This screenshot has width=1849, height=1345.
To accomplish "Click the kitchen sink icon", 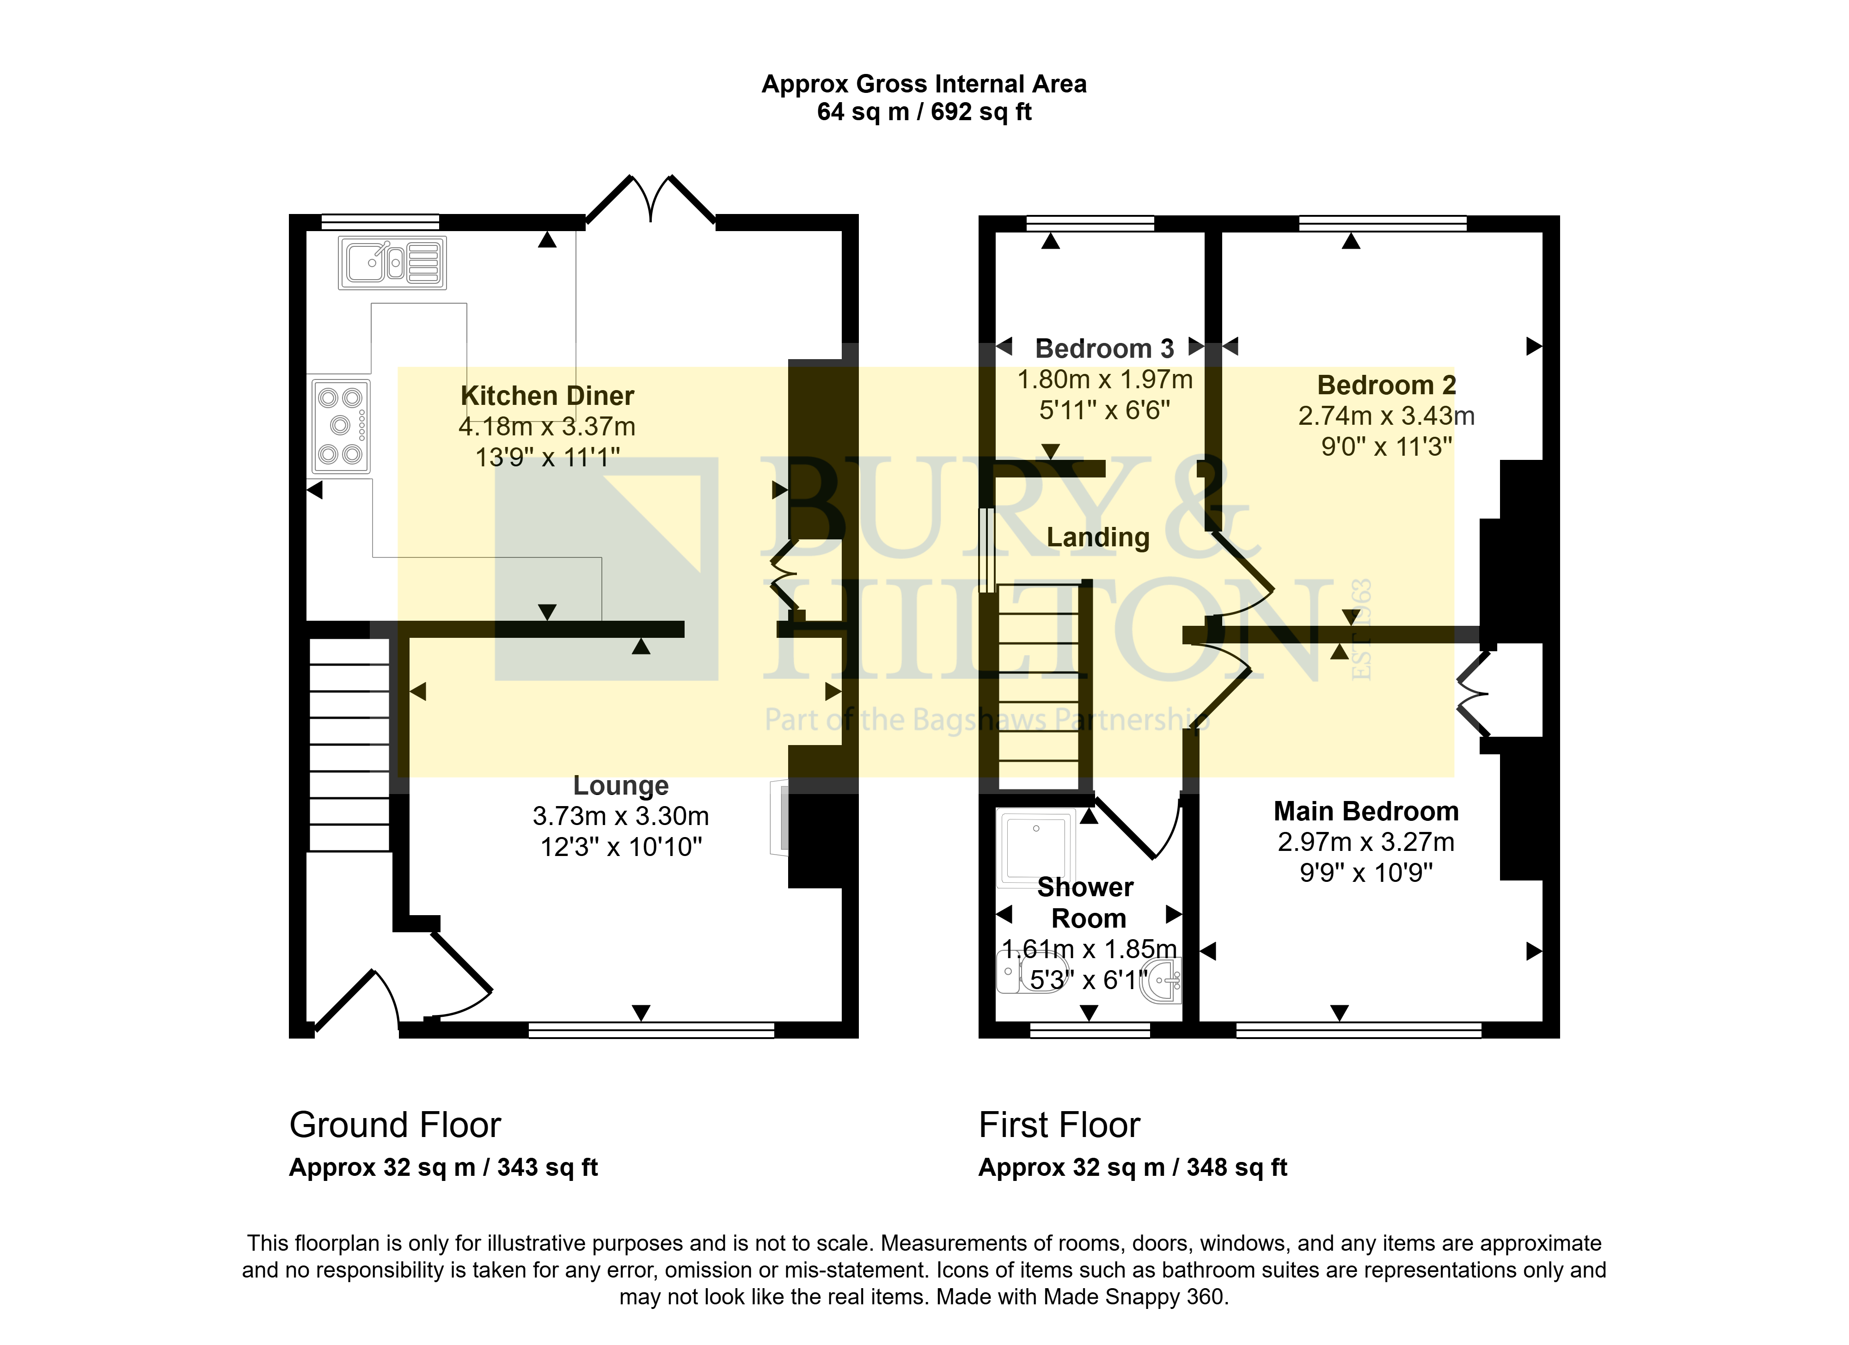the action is pyautogui.click(x=392, y=263).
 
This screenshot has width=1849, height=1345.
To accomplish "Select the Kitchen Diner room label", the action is pyautogui.click(x=547, y=396).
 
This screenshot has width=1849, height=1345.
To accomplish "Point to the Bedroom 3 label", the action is pyautogui.click(x=1105, y=349).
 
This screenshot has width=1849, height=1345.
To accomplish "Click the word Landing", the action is pyautogui.click(x=1098, y=538).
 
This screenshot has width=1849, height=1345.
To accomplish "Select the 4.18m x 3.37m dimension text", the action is pyautogui.click(x=547, y=426).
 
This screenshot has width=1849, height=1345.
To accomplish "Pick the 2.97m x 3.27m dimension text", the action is pyautogui.click(x=1366, y=842).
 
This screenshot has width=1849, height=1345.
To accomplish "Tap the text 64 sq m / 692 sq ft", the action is pyautogui.click(x=924, y=112).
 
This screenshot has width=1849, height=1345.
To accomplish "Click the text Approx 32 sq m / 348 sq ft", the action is pyautogui.click(x=1133, y=1168).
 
